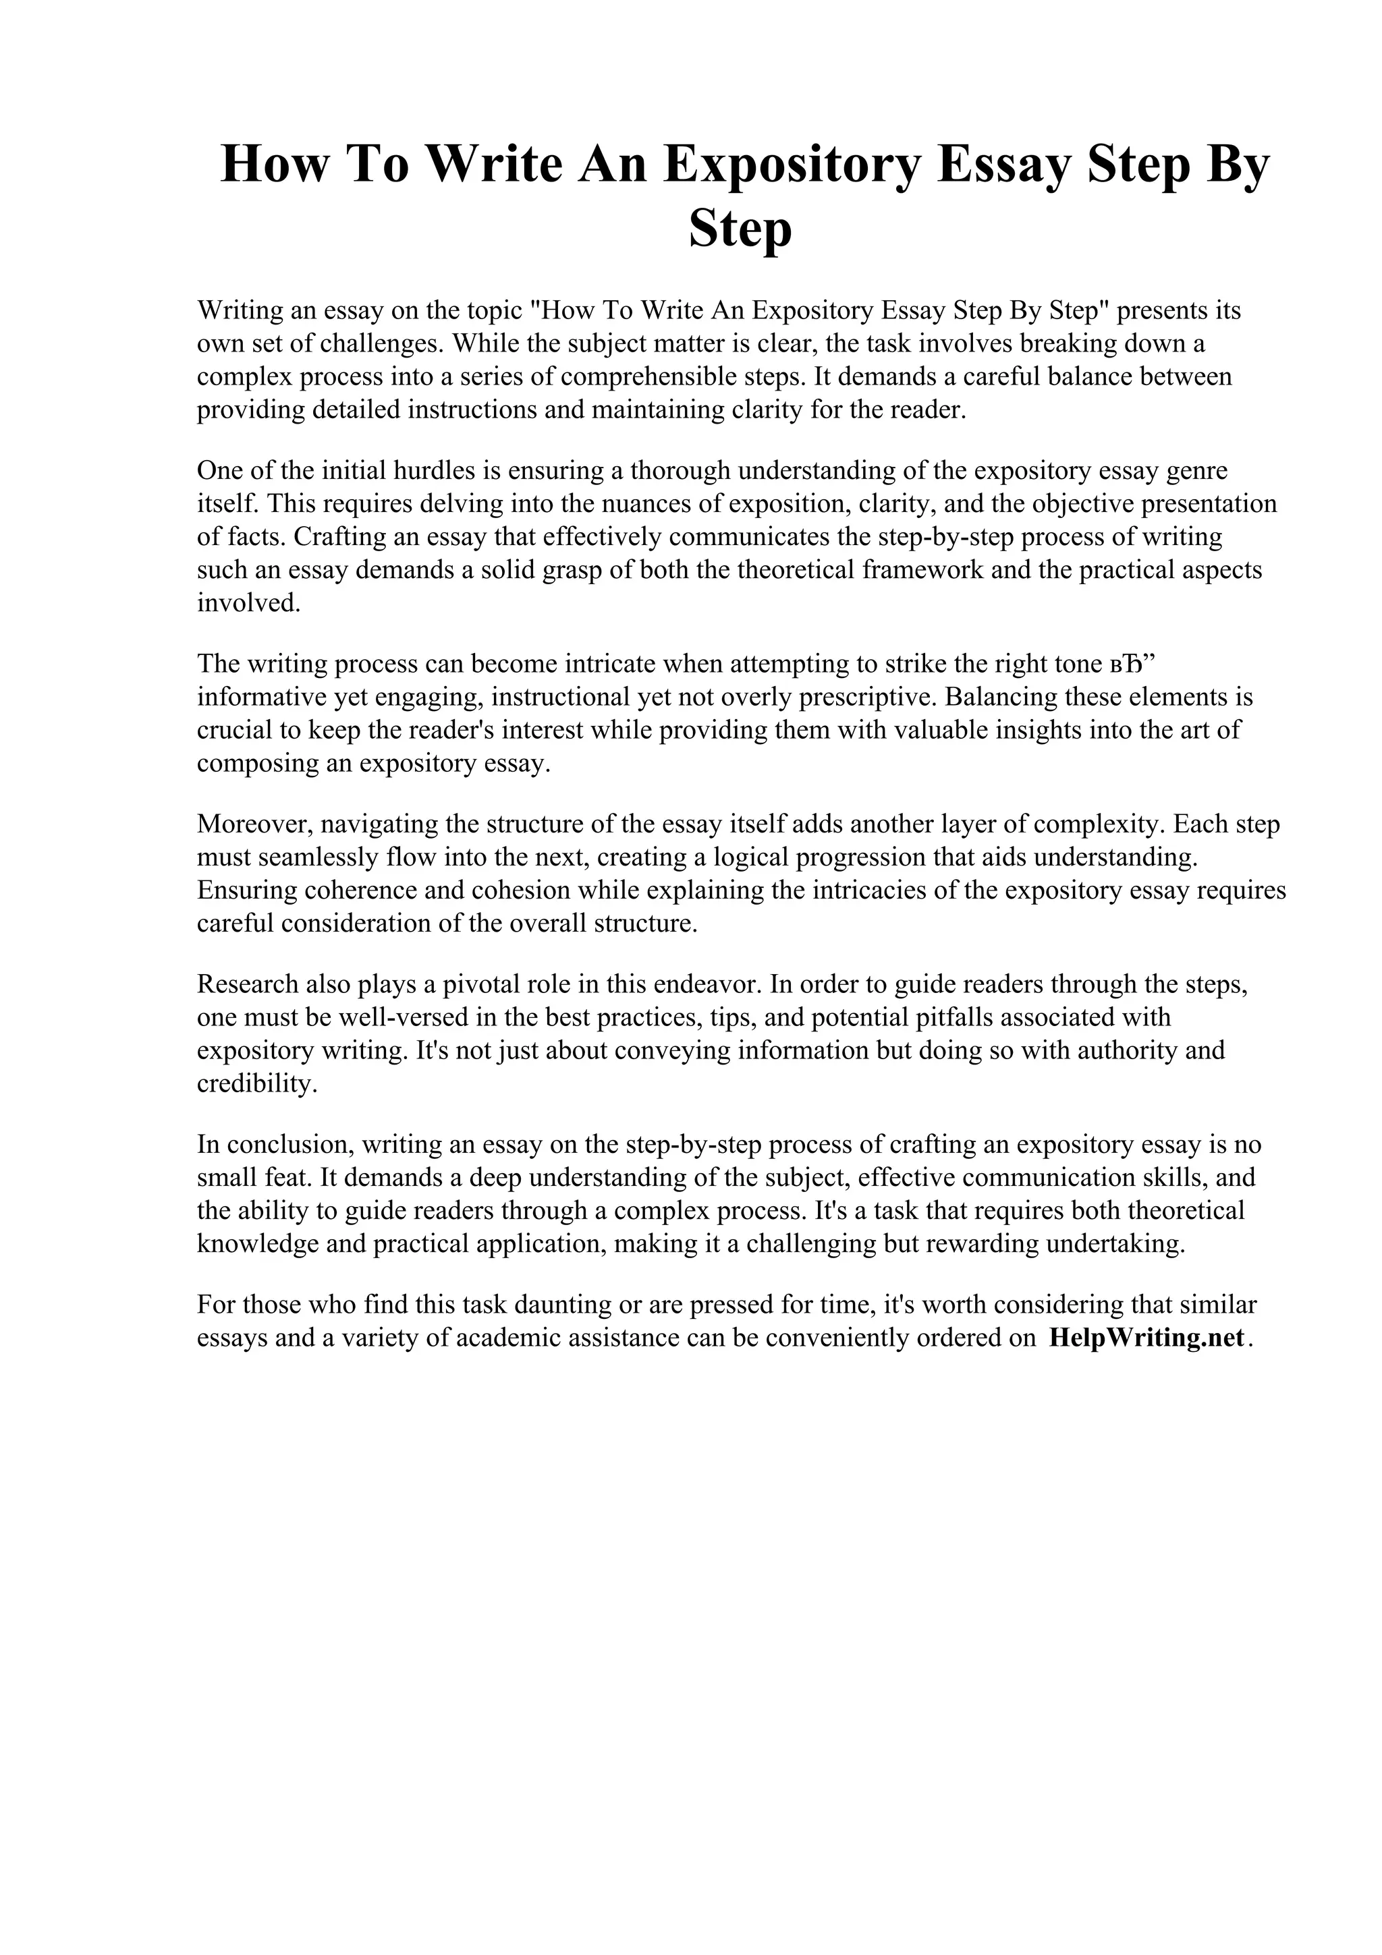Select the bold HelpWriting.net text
1146,1338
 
